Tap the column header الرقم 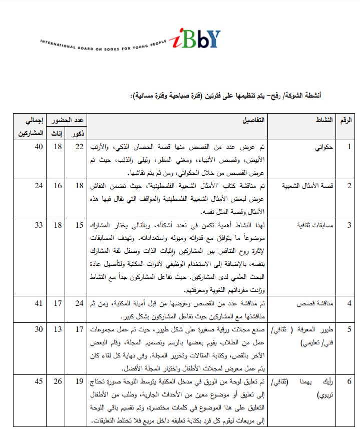[346, 121]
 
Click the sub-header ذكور [79, 134]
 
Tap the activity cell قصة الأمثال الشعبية [310, 186]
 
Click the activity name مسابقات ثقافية [314, 225]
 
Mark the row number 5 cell [349, 330]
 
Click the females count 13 [58, 329]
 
